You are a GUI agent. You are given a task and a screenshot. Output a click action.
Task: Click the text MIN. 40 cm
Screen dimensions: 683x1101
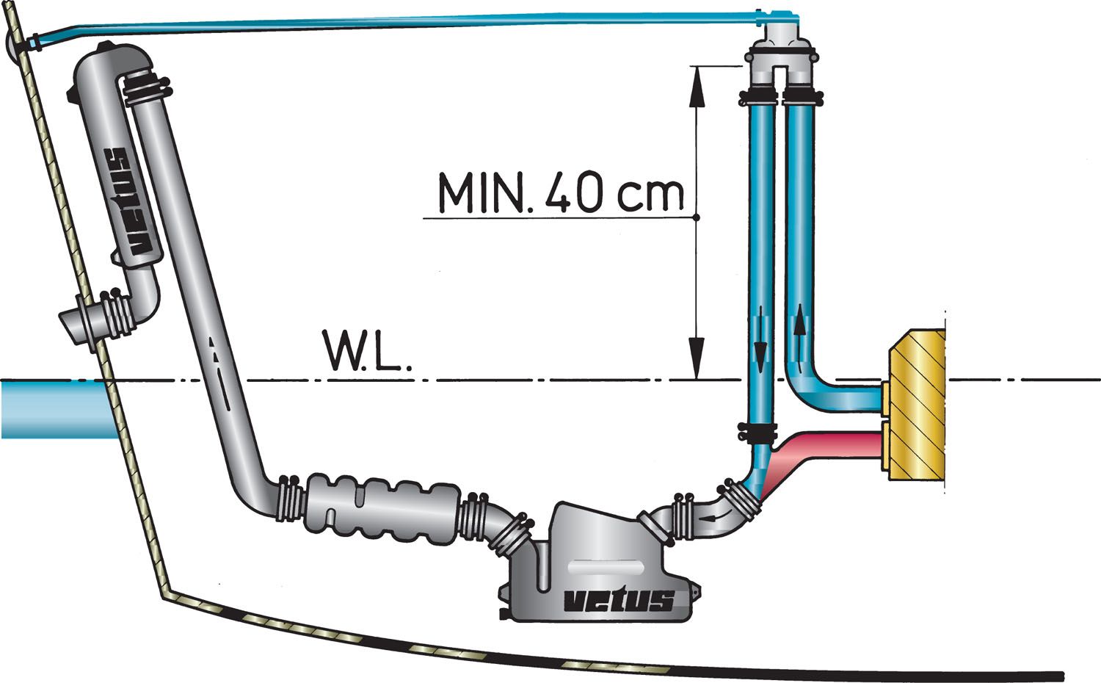click(x=561, y=192)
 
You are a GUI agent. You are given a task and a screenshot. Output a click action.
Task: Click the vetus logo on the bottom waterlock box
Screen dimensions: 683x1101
click(x=618, y=600)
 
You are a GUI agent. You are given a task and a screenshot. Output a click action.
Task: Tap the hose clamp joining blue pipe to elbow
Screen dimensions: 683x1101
click(x=760, y=433)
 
